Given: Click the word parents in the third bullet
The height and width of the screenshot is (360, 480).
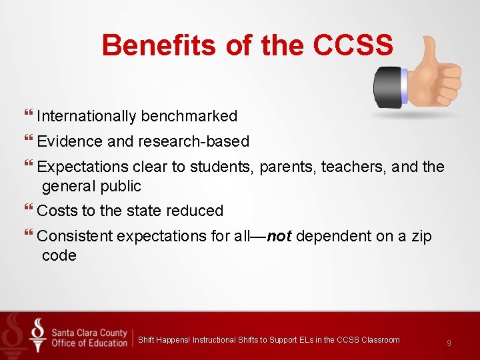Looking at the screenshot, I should point(287,167).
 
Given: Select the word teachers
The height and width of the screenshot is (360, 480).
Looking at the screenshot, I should point(351,167).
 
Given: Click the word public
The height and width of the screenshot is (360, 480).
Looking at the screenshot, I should point(121,186).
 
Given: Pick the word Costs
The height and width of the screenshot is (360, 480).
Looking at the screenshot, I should point(57,211).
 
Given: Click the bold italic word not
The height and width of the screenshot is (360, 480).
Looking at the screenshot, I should point(279,236).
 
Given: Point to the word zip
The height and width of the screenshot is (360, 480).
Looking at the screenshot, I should point(419,236).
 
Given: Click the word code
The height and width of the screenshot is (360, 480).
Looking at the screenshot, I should point(59,255).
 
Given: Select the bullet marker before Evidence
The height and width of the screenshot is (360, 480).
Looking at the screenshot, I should point(28,141).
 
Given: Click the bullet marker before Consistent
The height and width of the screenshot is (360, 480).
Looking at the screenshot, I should point(28,236).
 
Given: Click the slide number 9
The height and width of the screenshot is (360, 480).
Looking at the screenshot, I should point(449,343).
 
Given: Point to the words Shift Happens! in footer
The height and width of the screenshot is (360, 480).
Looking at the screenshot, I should point(164,340).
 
